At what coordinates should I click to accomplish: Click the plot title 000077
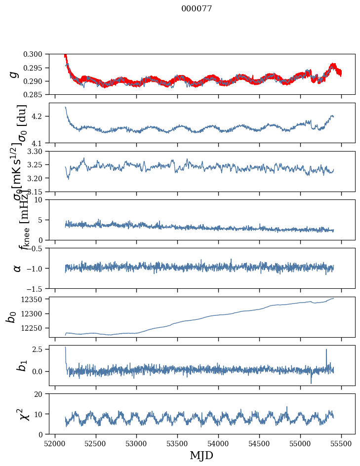click(x=197, y=8)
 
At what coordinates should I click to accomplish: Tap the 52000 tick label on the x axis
click(x=55, y=444)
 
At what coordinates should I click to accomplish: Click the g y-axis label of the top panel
click(x=15, y=74)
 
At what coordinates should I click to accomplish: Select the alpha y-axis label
click(x=17, y=268)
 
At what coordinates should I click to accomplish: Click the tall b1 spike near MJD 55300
click(x=326, y=350)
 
